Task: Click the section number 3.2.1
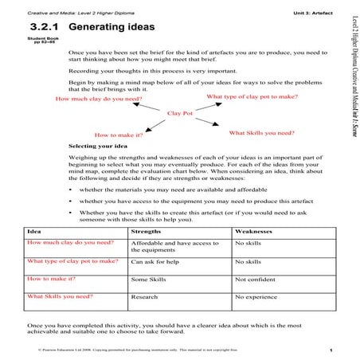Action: point(46,27)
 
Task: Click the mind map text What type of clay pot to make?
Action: point(252,96)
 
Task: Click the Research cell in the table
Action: point(145,299)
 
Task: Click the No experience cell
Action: point(256,299)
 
